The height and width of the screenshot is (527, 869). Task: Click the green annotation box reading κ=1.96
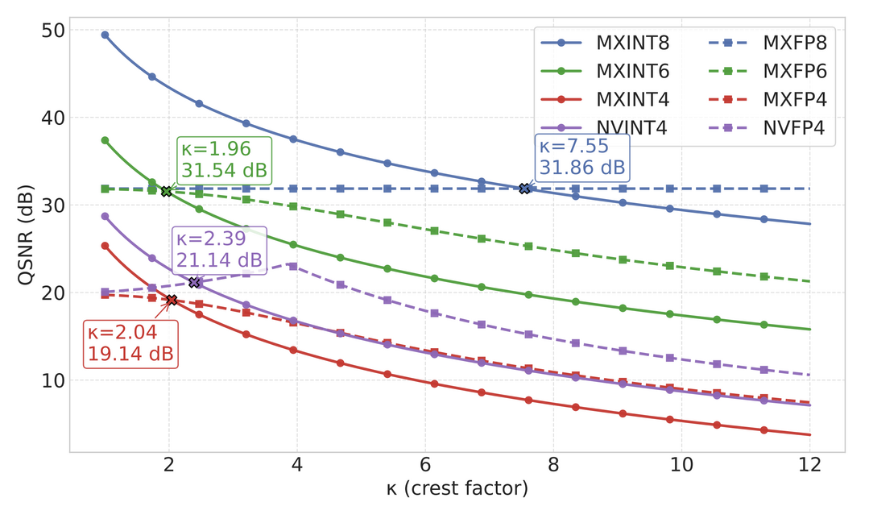tap(224, 160)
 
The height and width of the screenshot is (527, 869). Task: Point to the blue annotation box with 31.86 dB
tap(581, 157)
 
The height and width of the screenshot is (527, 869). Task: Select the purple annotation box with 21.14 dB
tap(218, 250)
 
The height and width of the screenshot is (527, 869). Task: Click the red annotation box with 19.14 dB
tap(130, 344)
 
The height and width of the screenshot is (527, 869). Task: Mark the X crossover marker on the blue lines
tap(525, 189)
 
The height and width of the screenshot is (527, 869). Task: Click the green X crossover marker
tap(166, 191)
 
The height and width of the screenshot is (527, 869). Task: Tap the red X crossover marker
tap(172, 300)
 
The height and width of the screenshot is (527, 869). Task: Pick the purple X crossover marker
tap(194, 282)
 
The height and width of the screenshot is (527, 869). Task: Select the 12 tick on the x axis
tap(809, 465)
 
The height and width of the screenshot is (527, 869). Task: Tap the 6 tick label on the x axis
tap(424, 465)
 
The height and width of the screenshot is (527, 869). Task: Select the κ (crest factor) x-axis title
tap(457, 488)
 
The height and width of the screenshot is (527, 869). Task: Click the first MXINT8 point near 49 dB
tap(105, 35)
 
